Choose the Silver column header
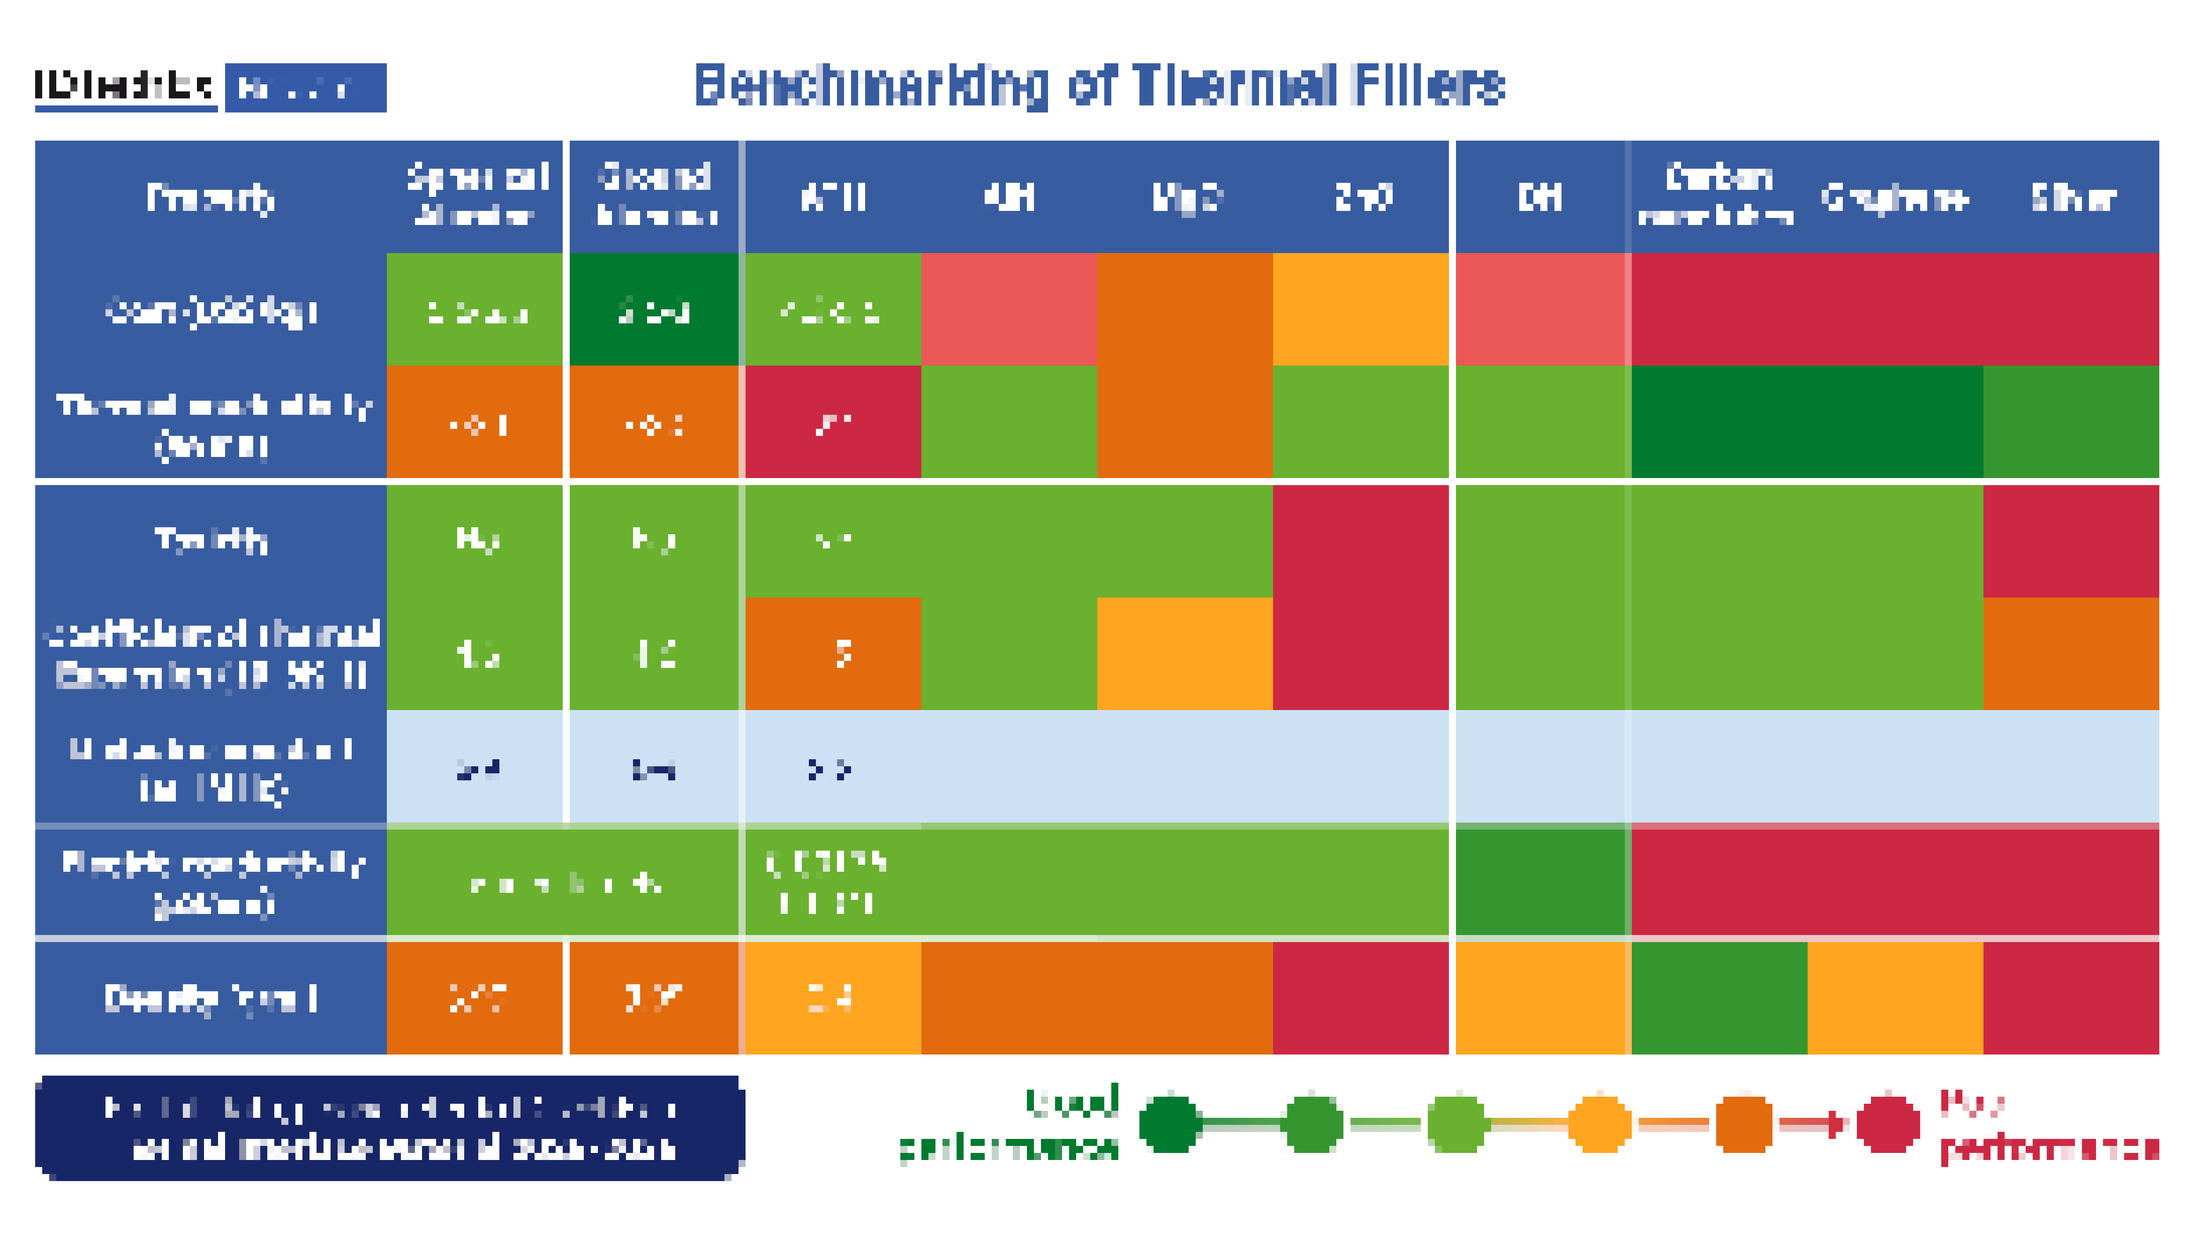(x=2072, y=198)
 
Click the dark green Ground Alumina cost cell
(x=654, y=310)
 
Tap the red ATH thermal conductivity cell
(x=833, y=422)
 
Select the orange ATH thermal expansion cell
(x=833, y=653)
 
